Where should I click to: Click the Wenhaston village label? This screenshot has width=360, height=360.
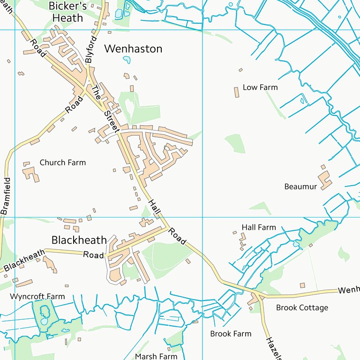133,49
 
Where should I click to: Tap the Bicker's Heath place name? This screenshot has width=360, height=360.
67,12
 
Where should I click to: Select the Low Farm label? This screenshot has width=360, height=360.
260,87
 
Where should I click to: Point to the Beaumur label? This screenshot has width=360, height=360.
300,187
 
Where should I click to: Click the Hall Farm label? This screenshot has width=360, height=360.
259,227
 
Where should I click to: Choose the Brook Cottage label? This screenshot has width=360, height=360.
302,307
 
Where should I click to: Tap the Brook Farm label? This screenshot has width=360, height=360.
231,334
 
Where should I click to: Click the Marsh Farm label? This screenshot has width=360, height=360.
156,356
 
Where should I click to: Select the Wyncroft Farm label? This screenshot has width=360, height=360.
37,296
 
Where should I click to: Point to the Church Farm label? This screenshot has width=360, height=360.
63,163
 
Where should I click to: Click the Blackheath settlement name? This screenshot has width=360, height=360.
79,240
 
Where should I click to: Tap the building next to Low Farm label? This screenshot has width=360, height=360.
237,92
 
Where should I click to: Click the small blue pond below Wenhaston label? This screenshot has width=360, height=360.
127,60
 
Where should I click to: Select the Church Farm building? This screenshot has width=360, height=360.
31,173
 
